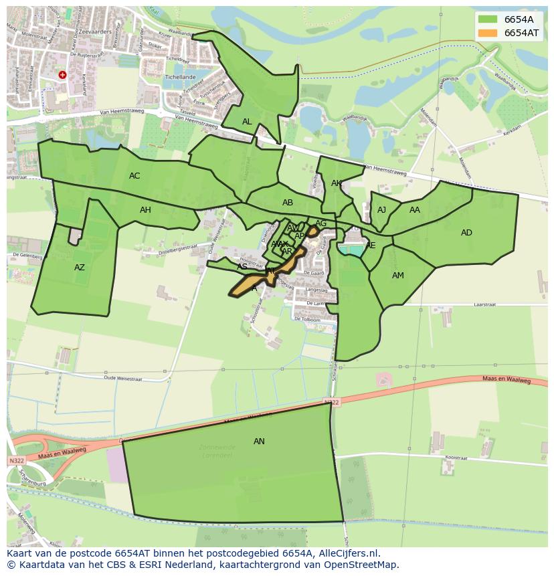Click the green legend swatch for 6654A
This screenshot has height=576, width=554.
pos(488,19)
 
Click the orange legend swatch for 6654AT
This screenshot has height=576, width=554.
pos(488,33)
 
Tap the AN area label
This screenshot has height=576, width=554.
pos(259,442)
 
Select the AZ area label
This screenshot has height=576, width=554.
pos(80,268)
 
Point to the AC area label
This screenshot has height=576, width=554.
pos(134,176)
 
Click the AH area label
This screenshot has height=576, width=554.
pos(145,210)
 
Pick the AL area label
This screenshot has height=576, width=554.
pos(247,122)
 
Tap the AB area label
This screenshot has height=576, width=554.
pos(288,203)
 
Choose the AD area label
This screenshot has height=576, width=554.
pos(466,233)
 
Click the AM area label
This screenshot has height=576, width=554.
pos(398,276)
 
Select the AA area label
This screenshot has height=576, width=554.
pos(415,210)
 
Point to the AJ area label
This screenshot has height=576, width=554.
pos(381,210)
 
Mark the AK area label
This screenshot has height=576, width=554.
pos(337,183)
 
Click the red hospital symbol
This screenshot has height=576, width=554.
pos(62,76)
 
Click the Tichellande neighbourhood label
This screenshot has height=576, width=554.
pos(179,78)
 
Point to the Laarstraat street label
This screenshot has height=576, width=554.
pos(483,304)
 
